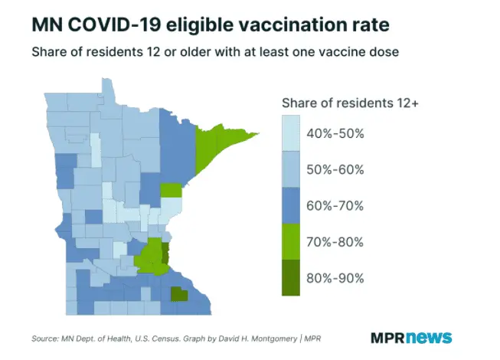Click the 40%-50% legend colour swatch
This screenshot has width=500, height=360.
click(292, 133)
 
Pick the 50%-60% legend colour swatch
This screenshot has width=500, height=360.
click(292, 169)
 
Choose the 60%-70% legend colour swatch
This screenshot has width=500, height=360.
click(292, 205)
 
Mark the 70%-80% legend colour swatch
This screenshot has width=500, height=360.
click(292, 241)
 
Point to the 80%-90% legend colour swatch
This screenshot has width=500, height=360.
click(292, 277)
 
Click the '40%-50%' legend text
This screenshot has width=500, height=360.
click(335, 133)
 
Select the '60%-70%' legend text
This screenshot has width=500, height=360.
click(335, 205)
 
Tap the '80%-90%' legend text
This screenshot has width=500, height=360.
click(335, 277)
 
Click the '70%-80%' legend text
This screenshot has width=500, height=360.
click(335, 242)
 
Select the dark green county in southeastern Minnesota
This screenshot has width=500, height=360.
click(179, 293)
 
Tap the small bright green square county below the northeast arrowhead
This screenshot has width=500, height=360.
click(172, 190)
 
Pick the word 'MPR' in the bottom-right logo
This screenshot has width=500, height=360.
click(388, 337)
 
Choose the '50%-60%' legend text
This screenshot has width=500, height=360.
click(335, 169)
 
